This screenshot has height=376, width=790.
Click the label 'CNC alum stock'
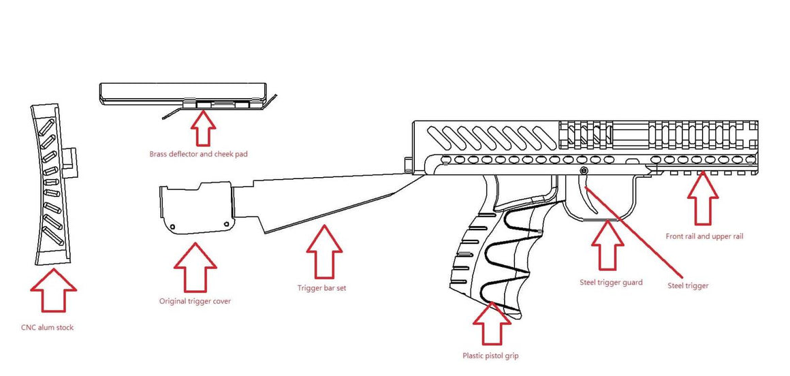pyautogui.click(x=47, y=328)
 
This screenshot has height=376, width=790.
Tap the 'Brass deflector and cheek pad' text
pyautogui.click(x=198, y=154)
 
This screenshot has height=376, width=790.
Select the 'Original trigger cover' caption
pyautogui.click(x=195, y=301)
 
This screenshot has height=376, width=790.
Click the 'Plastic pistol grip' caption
pyautogui.click(x=490, y=355)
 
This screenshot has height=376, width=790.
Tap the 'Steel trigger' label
pyautogui.click(x=688, y=286)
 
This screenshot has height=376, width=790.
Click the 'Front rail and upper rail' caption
pyautogui.click(x=704, y=236)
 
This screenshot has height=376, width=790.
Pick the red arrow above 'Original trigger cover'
pyautogui.click(x=195, y=266)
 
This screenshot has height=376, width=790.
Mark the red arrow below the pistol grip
pyautogui.click(x=492, y=323)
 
